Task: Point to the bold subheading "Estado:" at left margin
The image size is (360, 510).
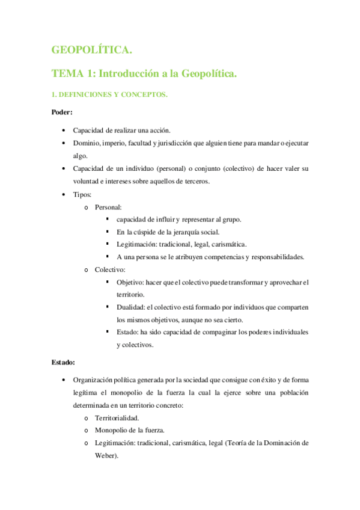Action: [63, 363]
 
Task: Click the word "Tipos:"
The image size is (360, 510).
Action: [82, 195]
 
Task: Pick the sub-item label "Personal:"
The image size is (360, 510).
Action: [108, 207]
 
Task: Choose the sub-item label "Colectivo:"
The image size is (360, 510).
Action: [110, 270]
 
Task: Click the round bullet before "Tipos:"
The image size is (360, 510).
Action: [64, 195]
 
